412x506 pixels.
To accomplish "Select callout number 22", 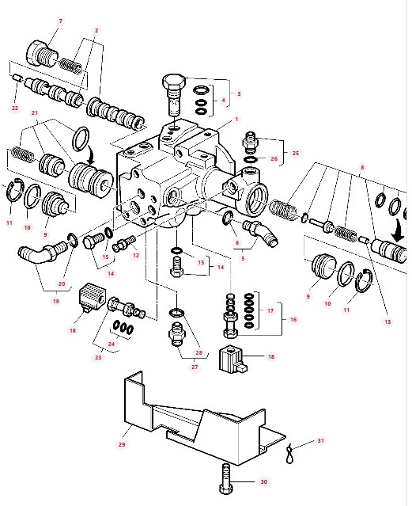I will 15,108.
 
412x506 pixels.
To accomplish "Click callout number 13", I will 387,321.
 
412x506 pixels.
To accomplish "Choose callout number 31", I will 320,440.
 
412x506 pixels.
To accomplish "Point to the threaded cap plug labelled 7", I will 43,54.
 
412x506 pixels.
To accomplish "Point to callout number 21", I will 35,113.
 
